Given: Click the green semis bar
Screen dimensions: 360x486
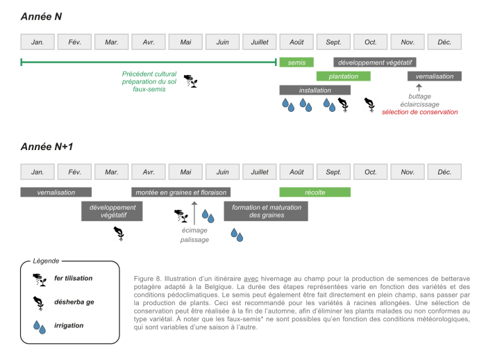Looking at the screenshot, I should pos(296,63).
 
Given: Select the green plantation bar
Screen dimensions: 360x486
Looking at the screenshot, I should pos(343,76).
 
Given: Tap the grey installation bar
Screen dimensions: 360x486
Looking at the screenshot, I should pos(315,90).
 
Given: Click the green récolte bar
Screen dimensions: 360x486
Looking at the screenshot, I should pos(315,192).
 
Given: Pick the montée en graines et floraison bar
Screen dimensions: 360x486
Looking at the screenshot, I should pos(181,192).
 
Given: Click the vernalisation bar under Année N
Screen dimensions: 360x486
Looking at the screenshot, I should pos(435,76).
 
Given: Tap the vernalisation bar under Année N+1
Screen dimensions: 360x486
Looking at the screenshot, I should pos(56,192).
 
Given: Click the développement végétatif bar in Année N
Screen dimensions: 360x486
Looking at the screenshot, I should pos(374,63).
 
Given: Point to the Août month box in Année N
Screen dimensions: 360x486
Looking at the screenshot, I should pos(296,42).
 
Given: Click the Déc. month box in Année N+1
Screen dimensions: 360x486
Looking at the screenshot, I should pos(444,172).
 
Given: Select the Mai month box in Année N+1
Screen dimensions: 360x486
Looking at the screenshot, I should pos(185,172).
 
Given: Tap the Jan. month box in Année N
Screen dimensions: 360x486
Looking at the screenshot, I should pos(37,42).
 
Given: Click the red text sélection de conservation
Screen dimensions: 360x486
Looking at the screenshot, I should pos(419,112).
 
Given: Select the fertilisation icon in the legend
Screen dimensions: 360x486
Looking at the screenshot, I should pos(40,279).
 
